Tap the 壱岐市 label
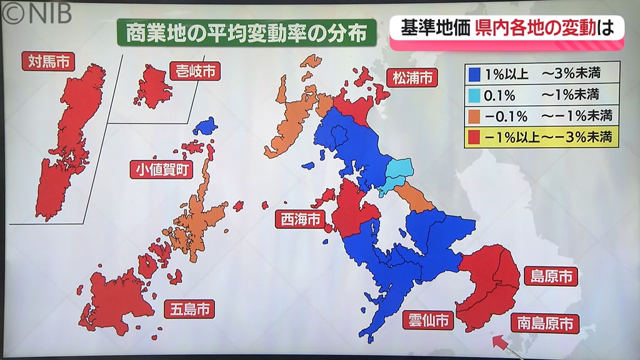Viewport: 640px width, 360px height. (x=195, y=71)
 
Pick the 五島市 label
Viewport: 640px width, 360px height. (x=189, y=308)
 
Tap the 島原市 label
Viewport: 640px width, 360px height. (x=551, y=276)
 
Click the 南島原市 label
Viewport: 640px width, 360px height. (x=544, y=323)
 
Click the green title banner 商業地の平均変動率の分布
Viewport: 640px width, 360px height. (x=246, y=32)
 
